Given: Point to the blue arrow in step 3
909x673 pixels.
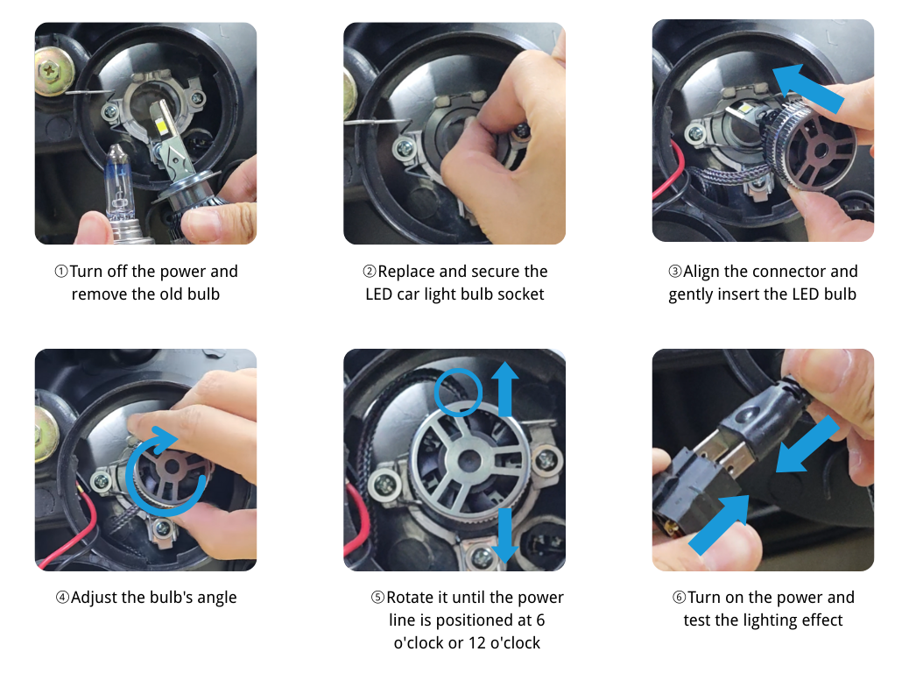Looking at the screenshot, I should [810, 89].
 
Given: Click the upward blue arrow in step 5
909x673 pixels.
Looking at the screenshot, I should [504, 391].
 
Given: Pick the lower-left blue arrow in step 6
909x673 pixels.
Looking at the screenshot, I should [719, 524].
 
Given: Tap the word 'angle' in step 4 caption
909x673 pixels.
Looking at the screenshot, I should [215, 598].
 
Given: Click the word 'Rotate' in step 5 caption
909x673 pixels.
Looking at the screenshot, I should [412, 598].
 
